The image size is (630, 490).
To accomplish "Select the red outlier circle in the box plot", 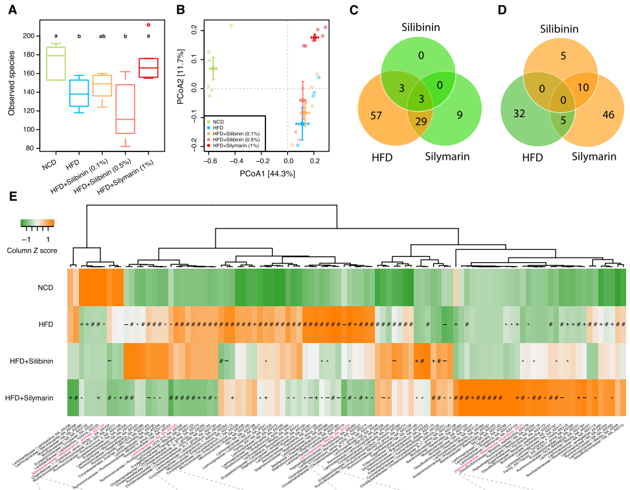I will pos(149,25).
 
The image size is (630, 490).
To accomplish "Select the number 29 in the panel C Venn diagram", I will pos(422,122).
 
